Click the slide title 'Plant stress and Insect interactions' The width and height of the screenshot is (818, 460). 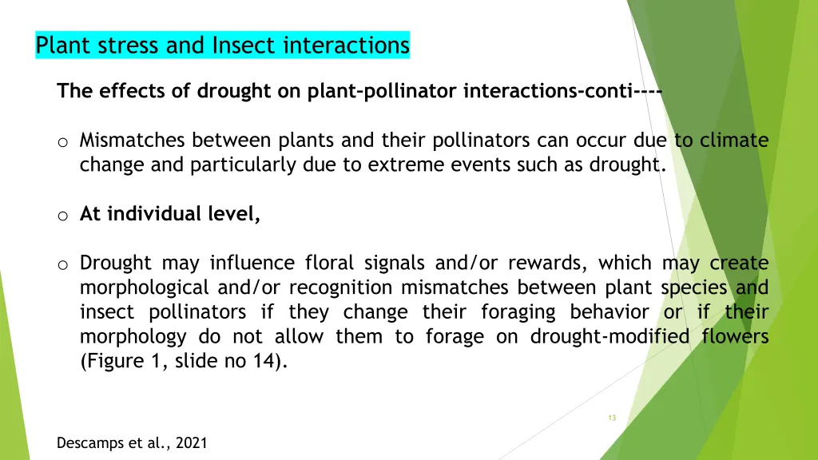(222, 46)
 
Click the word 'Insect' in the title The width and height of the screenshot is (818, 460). (239, 46)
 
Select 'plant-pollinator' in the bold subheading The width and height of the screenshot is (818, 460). (383, 91)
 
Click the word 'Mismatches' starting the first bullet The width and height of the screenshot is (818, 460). (132, 141)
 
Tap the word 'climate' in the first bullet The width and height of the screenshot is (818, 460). (733, 141)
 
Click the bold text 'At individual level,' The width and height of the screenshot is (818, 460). (170, 214)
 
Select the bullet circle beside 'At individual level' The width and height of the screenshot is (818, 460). (63, 216)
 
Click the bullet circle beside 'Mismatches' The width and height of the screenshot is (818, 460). (63, 143)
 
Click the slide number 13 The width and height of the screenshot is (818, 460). (612, 418)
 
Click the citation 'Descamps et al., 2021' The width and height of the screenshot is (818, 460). (132, 443)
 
